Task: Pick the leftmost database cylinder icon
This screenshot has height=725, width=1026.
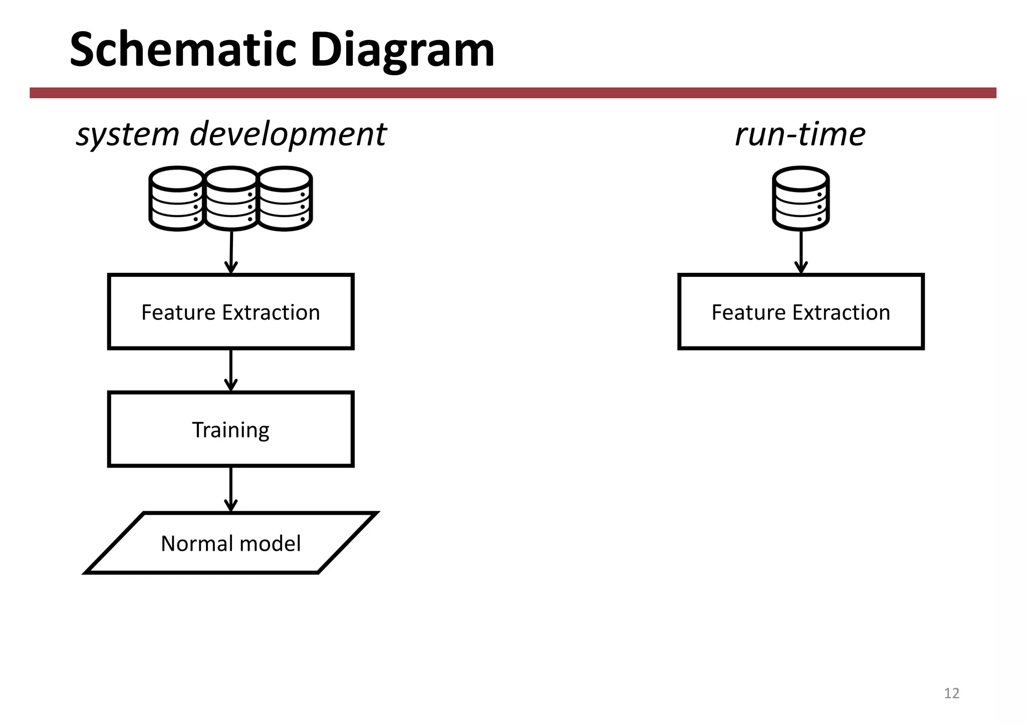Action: tap(176, 199)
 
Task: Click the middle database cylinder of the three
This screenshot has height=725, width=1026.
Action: tap(231, 199)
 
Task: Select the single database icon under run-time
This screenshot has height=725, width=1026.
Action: tap(801, 199)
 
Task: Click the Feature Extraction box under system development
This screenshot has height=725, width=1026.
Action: tap(231, 312)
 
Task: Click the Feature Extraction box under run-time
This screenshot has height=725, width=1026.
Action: tap(801, 312)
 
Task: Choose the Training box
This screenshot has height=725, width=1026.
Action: tap(231, 430)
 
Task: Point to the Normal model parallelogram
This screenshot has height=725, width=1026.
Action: tap(231, 543)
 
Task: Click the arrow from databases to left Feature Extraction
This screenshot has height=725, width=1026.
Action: tap(231, 253)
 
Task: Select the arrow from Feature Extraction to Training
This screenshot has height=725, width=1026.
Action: tap(231, 371)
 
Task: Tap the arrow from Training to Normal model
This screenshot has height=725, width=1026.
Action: tap(231, 490)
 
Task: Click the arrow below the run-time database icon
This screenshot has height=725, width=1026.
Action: tap(801, 253)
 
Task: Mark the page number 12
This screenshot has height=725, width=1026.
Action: tap(951, 693)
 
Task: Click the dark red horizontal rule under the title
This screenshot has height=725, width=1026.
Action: tap(513, 93)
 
